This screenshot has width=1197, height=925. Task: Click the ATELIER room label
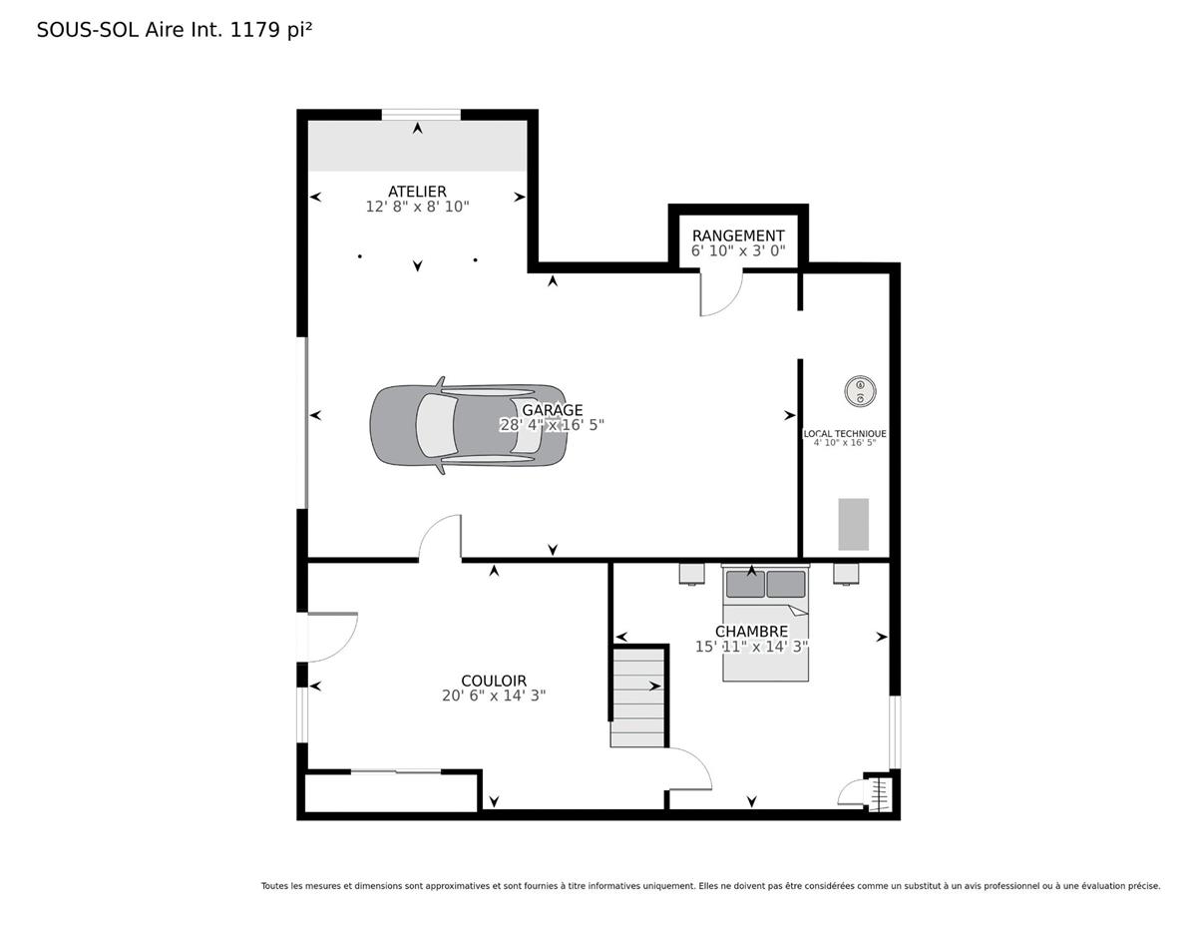417,192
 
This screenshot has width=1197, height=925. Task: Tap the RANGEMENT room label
738,235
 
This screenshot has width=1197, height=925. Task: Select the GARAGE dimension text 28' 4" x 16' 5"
552,425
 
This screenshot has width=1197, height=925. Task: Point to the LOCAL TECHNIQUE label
845,434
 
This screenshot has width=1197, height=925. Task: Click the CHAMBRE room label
751,632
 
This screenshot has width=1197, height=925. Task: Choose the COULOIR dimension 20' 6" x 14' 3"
494,695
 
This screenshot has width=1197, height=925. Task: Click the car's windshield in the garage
436,425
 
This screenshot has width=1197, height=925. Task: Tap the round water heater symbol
860,391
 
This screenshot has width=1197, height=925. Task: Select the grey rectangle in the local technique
853,524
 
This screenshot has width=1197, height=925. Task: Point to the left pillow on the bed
745,584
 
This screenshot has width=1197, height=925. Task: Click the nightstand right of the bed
846,573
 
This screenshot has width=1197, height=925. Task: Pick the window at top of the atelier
421,115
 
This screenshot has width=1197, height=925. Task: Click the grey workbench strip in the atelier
417,146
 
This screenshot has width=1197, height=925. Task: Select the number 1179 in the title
255,30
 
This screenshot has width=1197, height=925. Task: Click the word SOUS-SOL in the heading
88,30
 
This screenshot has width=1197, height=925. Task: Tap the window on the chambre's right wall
895,732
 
